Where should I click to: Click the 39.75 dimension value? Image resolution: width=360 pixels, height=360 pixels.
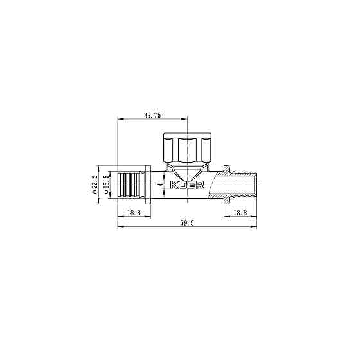(152, 115)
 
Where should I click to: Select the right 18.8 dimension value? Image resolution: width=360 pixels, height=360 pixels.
(240, 212)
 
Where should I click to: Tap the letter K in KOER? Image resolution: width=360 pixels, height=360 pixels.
(175, 186)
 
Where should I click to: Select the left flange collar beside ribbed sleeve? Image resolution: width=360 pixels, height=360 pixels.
(149, 185)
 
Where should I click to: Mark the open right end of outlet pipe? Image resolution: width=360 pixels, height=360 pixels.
(256, 185)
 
